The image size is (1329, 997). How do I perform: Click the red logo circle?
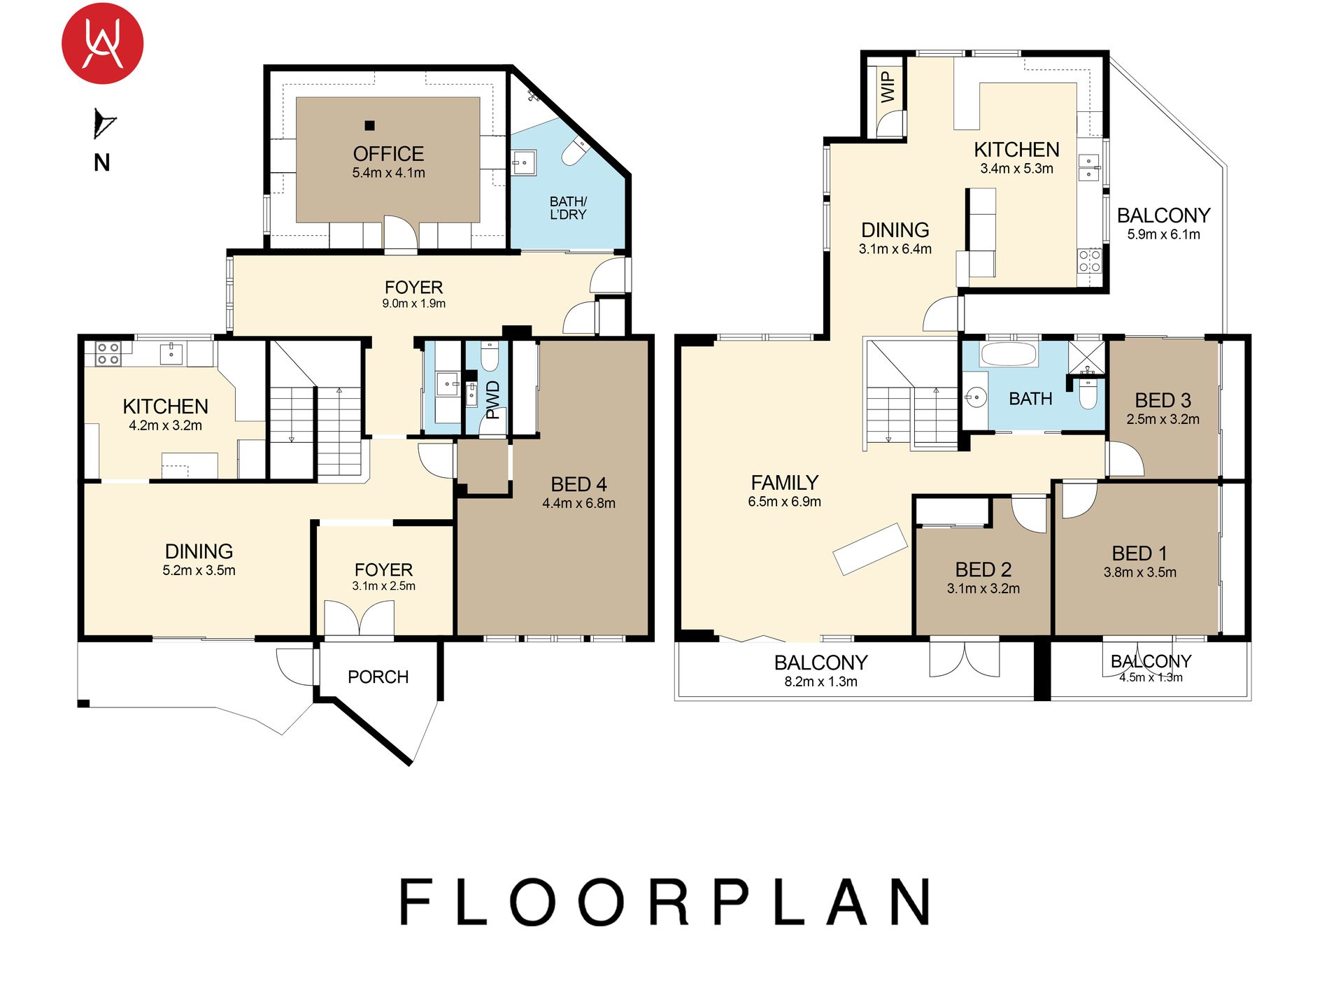click(103, 43)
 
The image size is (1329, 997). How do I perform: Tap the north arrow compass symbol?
click(104, 125)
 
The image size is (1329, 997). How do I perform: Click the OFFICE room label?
click(388, 154)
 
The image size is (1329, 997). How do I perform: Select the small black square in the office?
click(369, 126)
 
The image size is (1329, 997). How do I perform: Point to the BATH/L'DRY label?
click(568, 208)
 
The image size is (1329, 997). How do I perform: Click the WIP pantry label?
click(888, 87)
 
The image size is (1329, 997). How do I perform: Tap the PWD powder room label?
click(493, 399)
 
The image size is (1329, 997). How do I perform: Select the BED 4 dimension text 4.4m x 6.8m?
click(579, 503)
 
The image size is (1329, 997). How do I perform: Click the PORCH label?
click(378, 677)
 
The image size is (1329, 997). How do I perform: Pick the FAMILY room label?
click(785, 483)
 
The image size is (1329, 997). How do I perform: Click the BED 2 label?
click(983, 570)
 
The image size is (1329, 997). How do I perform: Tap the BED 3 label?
click(1163, 400)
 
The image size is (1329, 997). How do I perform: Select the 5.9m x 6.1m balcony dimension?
click(1163, 234)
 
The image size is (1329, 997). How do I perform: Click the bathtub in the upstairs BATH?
click(1009, 354)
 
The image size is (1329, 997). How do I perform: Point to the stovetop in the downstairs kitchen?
click(108, 354)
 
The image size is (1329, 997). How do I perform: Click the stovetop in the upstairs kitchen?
click(1089, 260)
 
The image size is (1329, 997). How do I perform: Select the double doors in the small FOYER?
click(359, 618)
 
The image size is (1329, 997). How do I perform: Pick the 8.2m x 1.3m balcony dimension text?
click(820, 681)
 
